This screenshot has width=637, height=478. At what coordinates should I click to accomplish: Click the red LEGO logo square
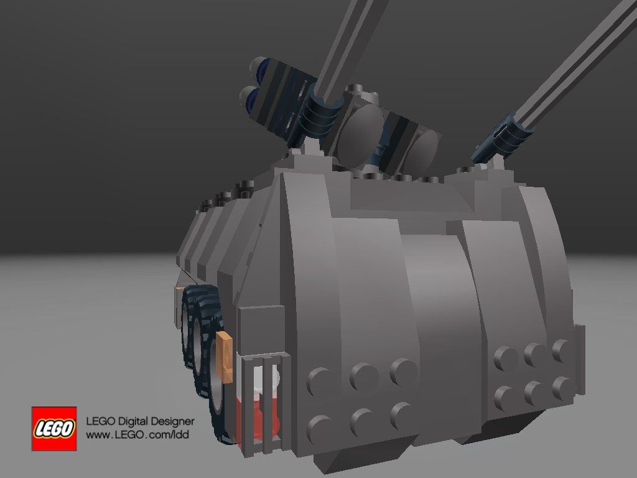point(54,429)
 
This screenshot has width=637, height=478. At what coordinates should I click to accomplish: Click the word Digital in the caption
point(137,422)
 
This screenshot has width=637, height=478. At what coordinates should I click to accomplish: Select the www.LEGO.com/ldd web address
point(137,435)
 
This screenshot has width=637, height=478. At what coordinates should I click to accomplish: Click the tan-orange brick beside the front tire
point(225,356)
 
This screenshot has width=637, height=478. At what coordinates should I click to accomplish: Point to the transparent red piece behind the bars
point(258,414)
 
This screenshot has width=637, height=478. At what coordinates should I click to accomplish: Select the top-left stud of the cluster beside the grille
point(320,380)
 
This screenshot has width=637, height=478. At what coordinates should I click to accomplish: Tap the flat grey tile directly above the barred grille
point(261,330)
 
